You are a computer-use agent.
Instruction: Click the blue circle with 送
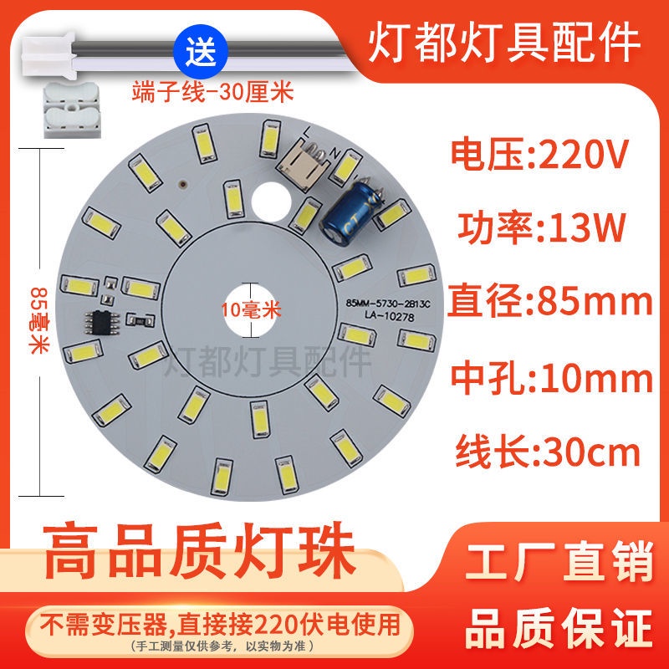pyautogui.click(x=201, y=52)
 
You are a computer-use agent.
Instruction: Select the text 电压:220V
pyautogui.click(x=539, y=154)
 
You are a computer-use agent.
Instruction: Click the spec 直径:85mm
pyautogui.click(x=550, y=301)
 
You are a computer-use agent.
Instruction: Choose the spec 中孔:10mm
pyautogui.click(x=552, y=378)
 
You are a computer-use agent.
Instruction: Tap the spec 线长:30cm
pyautogui.click(x=548, y=452)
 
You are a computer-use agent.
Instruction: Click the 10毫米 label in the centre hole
pyautogui.click(x=252, y=309)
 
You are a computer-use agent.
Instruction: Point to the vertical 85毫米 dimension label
pyautogui.click(x=39, y=320)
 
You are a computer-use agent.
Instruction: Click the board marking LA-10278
pyautogui.click(x=389, y=317)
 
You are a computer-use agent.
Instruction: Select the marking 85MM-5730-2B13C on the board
pyautogui.click(x=388, y=304)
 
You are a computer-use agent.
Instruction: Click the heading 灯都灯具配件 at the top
pyautogui.click(x=504, y=43)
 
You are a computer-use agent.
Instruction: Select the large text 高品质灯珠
pyautogui.click(x=200, y=552)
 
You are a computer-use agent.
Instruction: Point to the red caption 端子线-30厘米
pyautogui.click(x=213, y=92)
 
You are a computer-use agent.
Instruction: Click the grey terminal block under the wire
pyautogui.click(x=73, y=110)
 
